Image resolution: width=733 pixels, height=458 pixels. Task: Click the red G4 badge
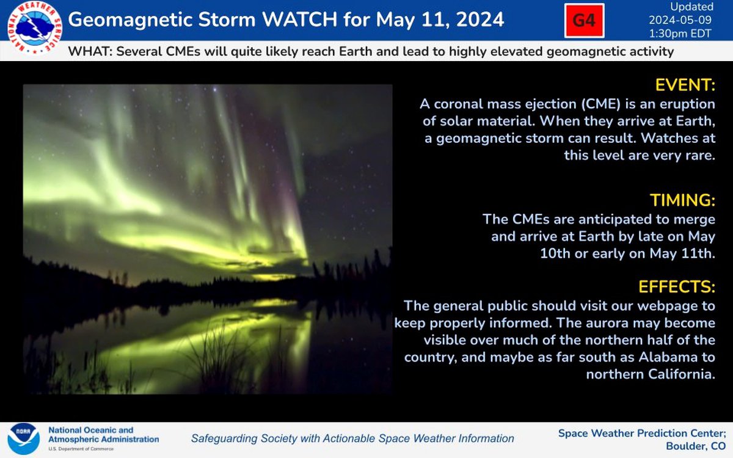coord(584,21)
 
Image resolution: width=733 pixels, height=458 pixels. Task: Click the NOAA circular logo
coord(24,438)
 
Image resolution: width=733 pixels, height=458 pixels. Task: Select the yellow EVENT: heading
coord(685,85)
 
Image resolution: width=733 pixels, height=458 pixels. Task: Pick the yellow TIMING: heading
coord(683,200)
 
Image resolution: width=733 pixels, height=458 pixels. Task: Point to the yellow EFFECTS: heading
coord(677,287)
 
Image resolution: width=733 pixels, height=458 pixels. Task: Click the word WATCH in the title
coord(299,20)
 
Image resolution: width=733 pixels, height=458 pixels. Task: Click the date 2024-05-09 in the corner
coord(680,20)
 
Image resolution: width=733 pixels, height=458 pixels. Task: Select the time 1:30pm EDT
coord(680,34)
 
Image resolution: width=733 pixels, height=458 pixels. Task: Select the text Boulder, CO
coord(696,446)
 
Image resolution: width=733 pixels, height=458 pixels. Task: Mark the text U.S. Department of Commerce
coord(81,449)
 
